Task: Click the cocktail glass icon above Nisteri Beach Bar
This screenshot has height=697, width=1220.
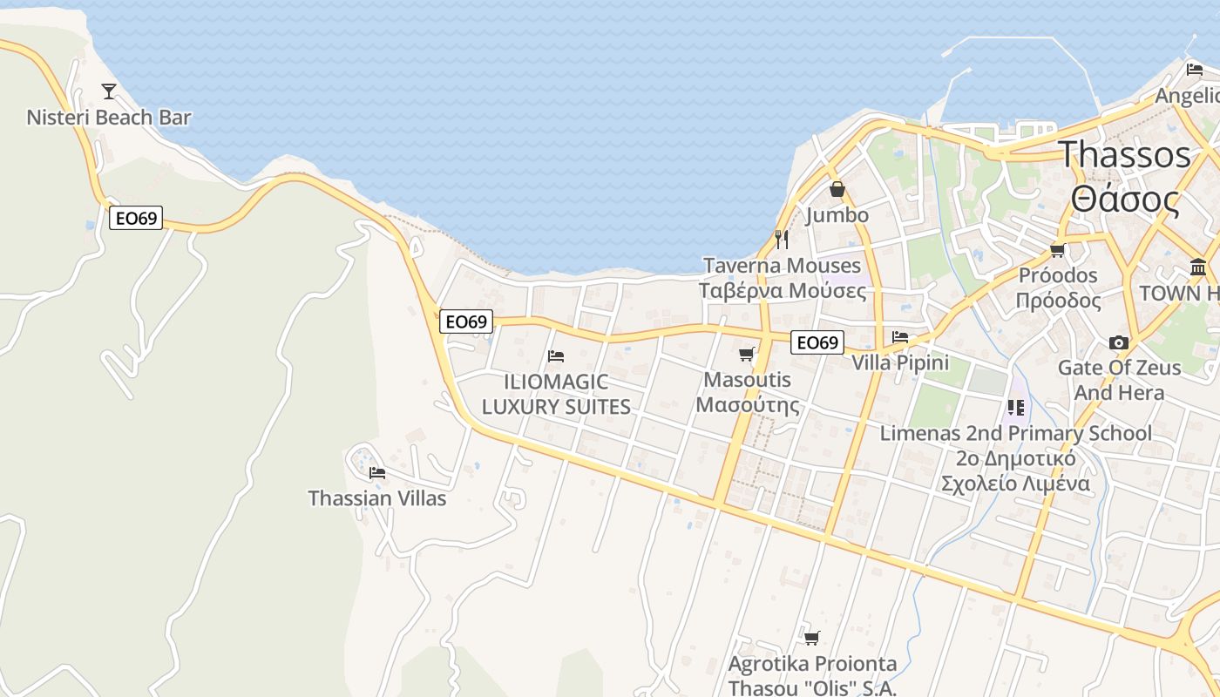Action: coord(109,91)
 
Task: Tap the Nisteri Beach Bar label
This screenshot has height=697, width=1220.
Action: coord(109,118)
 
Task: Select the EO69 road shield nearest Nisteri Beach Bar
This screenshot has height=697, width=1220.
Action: coord(136,218)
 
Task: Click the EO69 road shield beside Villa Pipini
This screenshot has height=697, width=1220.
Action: coord(817,342)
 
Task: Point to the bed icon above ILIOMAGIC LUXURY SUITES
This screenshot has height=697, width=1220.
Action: coord(556,355)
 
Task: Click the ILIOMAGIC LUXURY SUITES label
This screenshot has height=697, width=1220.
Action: coord(556,395)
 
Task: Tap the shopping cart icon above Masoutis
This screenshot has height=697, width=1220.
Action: coord(746,354)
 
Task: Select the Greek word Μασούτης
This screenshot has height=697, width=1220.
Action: coord(748,405)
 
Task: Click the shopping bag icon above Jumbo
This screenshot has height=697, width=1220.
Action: coord(837,189)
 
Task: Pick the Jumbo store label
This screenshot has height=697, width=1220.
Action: coord(837,215)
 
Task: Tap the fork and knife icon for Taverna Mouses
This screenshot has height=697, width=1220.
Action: coord(782,238)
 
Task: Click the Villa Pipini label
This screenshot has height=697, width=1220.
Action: coord(900,362)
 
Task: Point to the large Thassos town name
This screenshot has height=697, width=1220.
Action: coord(1124,155)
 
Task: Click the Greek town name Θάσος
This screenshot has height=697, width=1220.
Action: coord(1125,200)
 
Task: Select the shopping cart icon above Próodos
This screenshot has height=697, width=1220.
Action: coord(1058,251)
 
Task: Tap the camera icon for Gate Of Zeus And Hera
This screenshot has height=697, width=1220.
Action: coord(1119,342)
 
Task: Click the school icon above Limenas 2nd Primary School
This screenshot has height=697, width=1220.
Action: coord(1015,407)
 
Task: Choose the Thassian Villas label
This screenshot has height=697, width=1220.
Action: coord(377,498)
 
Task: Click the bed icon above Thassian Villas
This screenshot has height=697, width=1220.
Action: coord(377,473)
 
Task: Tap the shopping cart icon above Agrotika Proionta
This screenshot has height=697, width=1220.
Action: coord(812,639)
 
